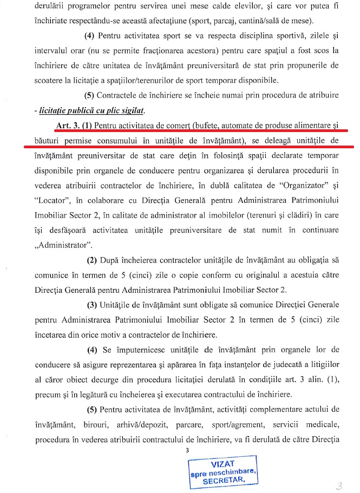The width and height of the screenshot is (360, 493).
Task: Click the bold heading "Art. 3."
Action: tap(67, 126)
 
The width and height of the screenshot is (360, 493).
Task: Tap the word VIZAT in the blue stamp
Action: tap(222, 463)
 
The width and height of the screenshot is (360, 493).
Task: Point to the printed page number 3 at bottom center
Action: tap(187, 450)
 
